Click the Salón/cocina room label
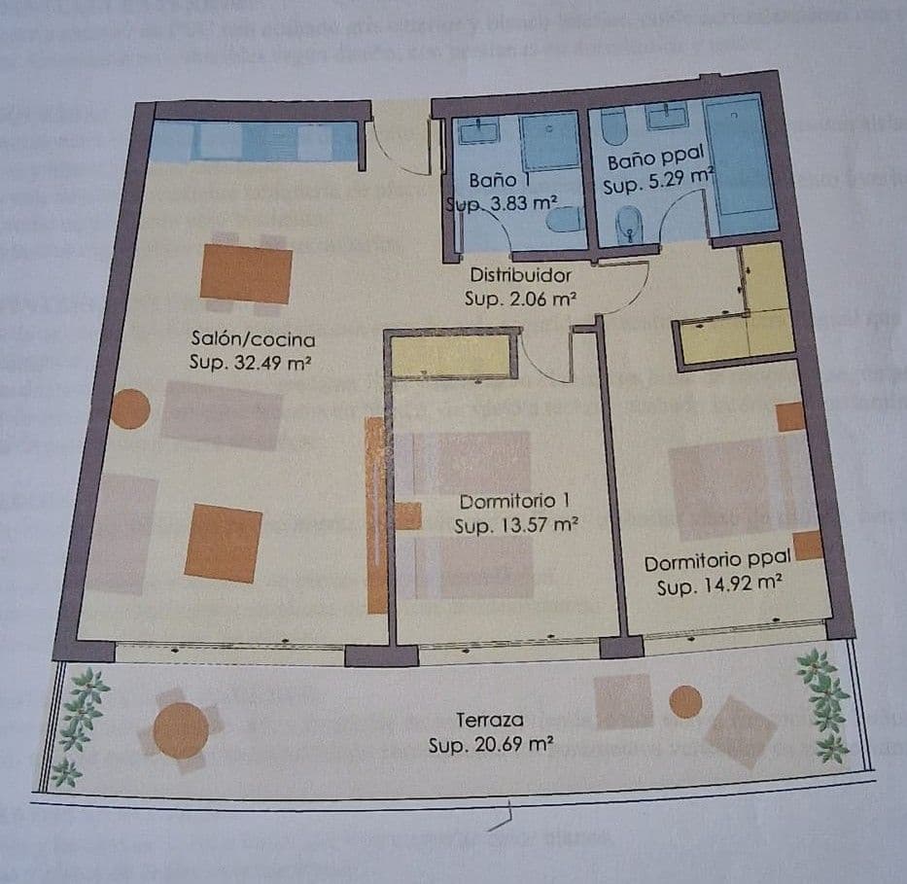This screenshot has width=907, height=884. (253, 340)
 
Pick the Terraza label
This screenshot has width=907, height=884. (491, 721)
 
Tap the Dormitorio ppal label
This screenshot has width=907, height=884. (718, 563)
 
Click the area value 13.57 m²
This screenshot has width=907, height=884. (516, 526)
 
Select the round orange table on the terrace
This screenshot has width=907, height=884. (181, 730)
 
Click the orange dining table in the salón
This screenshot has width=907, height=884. (246, 274)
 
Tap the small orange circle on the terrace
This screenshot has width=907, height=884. (686, 701)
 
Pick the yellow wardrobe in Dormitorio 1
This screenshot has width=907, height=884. (450, 357)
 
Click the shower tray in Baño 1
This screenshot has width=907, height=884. (548, 142)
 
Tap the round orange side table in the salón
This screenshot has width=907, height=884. (129, 409)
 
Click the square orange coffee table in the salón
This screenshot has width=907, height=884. (224, 543)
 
